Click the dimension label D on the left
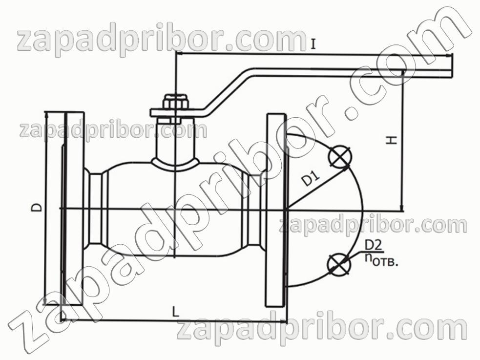(37, 207)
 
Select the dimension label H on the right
(392, 140)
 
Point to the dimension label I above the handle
(313, 44)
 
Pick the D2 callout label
(374, 246)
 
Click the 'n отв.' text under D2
(381, 260)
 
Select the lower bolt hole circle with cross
(338, 264)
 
